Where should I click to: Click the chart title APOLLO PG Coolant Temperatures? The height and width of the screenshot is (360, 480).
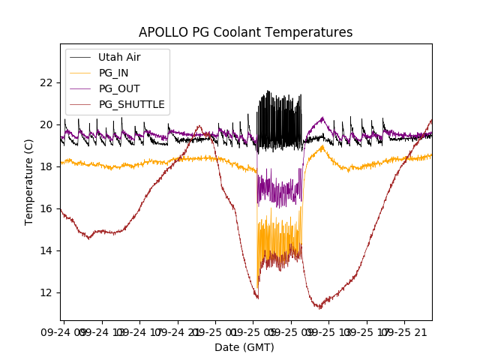click(x=245, y=32)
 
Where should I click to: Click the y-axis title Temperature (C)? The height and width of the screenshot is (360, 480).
click(x=29, y=182)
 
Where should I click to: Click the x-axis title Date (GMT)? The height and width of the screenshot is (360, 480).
click(x=244, y=347)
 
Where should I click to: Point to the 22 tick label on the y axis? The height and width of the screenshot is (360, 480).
click(x=46, y=82)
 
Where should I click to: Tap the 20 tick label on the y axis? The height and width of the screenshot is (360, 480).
click(x=46, y=124)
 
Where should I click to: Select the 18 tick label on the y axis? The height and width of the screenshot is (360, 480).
click(x=46, y=166)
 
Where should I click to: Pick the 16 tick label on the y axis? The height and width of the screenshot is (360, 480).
click(x=46, y=208)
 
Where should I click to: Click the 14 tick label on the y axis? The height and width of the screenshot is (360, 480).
click(x=46, y=250)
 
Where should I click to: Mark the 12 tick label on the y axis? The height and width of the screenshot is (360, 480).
click(x=46, y=292)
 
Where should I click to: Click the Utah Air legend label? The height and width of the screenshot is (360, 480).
click(x=119, y=57)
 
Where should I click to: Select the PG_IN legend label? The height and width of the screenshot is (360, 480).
click(x=113, y=73)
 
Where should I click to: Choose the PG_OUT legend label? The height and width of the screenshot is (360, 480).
click(x=119, y=88)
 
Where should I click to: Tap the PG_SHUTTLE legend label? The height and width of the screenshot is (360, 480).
click(x=131, y=104)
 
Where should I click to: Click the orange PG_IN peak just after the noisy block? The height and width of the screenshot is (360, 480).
click(x=322, y=146)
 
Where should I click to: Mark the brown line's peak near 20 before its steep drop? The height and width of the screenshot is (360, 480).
click(x=199, y=127)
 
